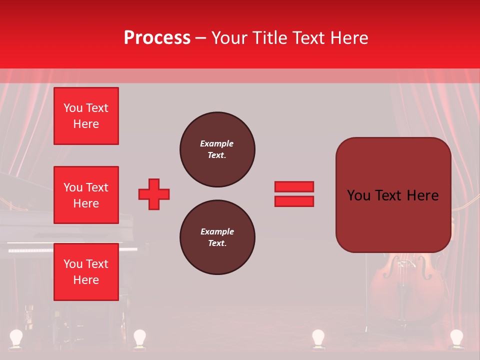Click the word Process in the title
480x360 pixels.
pyautogui.click(x=157, y=37)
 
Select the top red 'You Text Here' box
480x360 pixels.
pyautogui.click(x=86, y=116)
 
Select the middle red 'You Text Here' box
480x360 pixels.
pyautogui.click(x=86, y=195)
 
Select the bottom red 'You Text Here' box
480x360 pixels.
pyautogui.click(x=86, y=272)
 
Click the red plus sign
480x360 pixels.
pyautogui.click(x=154, y=194)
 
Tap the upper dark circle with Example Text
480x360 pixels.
pyautogui.click(x=217, y=149)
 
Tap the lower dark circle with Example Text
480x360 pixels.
pyautogui.click(x=217, y=237)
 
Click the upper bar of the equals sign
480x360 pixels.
pyautogui.click(x=294, y=187)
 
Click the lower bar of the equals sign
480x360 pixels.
pyautogui.click(x=294, y=201)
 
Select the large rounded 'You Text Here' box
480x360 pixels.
pyautogui.click(x=393, y=195)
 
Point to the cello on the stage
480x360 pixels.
pyautogui.click(x=406, y=282)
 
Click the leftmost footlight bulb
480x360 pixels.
pyautogui.click(x=17, y=337)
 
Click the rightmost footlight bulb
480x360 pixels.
pyautogui.click(x=456, y=337)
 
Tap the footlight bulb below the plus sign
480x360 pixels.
pyautogui.click(x=139, y=337)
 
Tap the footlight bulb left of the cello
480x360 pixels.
pyautogui.click(x=318, y=337)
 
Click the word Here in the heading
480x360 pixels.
pyautogui.click(x=349, y=37)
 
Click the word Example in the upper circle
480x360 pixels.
pyautogui.click(x=216, y=143)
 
